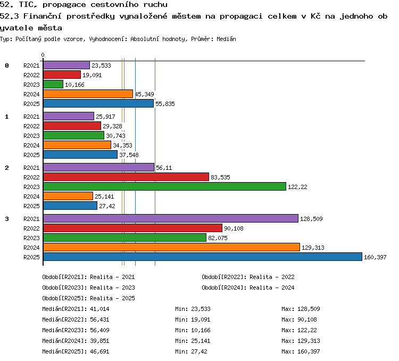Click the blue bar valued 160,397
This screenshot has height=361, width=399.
[203, 257]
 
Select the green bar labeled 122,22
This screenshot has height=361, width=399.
[164, 186]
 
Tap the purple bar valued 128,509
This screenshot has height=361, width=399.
[171, 218]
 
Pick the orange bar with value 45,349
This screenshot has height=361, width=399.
[88, 94]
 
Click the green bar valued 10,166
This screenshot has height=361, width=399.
[53, 84]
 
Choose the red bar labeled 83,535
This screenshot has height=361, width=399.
[126, 177]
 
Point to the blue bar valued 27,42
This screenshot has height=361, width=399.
[70, 206]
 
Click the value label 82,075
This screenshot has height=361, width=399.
[218, 238]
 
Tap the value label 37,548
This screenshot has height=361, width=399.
[129, 155]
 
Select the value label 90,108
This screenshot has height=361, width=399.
[234, 228]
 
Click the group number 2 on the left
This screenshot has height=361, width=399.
[7, 168]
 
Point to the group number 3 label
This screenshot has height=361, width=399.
[7, 219]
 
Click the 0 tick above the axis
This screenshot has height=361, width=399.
[43, 55]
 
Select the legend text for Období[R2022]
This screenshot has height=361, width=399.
[248, 277]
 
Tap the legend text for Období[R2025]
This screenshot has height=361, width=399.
[88, 298]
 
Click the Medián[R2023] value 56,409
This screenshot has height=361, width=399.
[99, 330]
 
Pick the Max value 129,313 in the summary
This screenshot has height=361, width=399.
[309, 341]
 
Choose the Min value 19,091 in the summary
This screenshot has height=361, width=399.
[201, 319]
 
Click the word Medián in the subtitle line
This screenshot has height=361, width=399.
[226, 39]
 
